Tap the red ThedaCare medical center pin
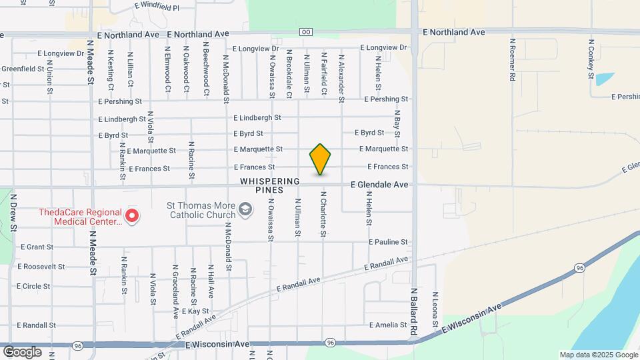pos(132,215)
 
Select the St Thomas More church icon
pos(245,211)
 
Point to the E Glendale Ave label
pos(379,185)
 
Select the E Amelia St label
pos(387,325)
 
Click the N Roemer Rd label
pos(512,60)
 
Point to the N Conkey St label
pos(591,59)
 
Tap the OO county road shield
pos(306,32)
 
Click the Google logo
pos(22,351)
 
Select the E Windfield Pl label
pos(157,7)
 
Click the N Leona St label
pos(435,310)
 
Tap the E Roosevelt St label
pos(41,266)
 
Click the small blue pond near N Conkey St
pos(605,79)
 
